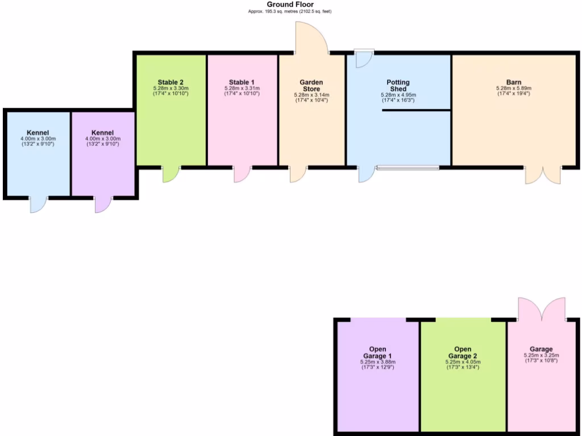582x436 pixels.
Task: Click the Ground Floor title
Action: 290,5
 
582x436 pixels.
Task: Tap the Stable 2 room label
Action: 171,82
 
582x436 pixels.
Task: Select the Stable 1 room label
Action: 242,82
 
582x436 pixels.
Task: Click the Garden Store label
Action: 311,86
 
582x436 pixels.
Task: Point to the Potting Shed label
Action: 398,86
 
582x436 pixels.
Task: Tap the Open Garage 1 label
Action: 377,353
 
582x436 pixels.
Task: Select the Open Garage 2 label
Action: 463,353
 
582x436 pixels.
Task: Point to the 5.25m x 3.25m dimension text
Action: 541,356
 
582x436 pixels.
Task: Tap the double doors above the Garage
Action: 542,309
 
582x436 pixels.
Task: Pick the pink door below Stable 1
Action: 242,174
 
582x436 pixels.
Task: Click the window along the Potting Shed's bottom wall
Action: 408,167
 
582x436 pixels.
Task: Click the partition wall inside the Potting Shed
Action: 416,110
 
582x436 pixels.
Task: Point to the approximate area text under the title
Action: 290,11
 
